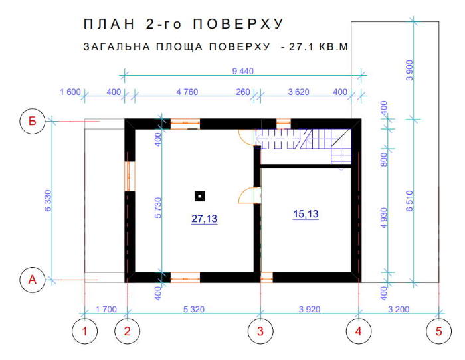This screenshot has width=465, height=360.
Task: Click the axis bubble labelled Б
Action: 33,122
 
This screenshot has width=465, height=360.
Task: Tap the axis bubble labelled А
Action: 33,280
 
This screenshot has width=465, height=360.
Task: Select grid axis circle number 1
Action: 85,331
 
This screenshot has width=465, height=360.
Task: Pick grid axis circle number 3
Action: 260,331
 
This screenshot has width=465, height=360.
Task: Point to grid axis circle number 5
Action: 439,331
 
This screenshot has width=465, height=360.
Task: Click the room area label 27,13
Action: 205,219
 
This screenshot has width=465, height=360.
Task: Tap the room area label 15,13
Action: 306,214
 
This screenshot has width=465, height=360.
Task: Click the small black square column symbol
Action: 200,196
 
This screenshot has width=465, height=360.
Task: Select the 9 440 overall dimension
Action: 243,71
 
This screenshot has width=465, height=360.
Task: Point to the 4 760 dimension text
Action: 187,92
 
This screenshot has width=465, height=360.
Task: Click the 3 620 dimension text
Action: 299,92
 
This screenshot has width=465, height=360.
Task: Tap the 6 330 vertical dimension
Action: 48,201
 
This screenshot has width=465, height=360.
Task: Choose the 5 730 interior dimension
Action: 158,208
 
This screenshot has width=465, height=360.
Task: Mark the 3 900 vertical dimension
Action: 409,70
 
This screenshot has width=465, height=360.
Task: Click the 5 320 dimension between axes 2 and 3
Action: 194,310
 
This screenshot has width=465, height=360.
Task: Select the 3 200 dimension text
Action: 399,310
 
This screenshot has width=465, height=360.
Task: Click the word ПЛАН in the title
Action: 109,24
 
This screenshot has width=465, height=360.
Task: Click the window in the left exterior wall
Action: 130,177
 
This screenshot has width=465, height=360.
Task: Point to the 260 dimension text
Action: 243,92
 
